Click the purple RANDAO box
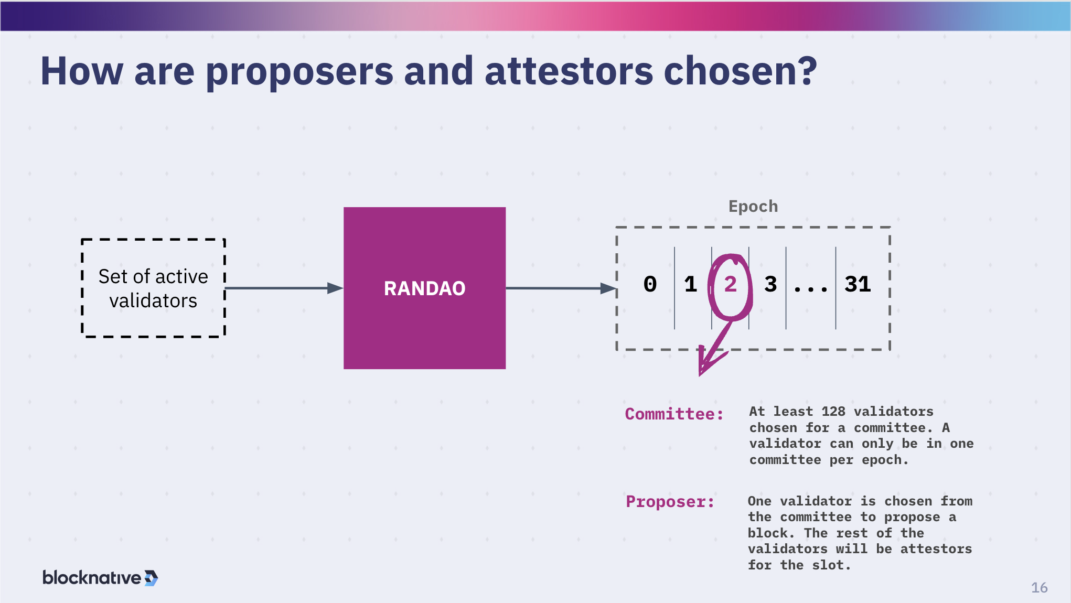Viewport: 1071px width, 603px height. (x=424, y=288)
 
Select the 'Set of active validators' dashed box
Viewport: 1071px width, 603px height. (x=153, y=288)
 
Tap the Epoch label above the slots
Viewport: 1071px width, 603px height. (x=753, y=206)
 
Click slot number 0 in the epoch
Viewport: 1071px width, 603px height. (x=650, y=284)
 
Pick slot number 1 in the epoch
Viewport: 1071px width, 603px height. (x=690, y=284)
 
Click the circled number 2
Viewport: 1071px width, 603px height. (x=730, y=284)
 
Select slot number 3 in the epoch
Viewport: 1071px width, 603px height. (x=770, y=284)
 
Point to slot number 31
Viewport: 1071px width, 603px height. (x=858, y=284)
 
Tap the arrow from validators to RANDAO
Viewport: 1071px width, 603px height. (x=283, y=288)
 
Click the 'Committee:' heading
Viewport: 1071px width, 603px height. (x=674, y=414)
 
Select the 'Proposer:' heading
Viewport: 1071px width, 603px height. (x=670, y=502)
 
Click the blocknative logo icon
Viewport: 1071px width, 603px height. (x=151, y=578)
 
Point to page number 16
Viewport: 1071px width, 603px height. (x=1038, y=588)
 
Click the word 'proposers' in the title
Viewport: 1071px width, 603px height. (x=299, y=72)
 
